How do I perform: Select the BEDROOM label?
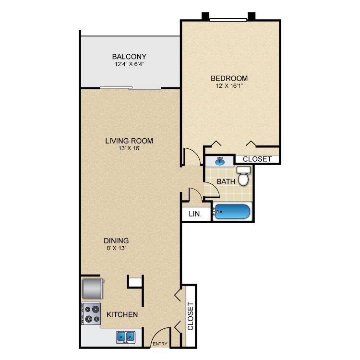click(x=229, y=78)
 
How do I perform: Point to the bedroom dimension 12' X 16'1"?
click(x=229, y=86)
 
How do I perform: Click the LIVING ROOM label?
click(x=129, y=141)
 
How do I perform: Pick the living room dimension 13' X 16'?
click(x=129, y=148)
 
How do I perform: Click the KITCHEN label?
click(x=122, y=315)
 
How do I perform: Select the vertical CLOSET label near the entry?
click(x=190, y=316)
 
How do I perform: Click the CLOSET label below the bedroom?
click(x=257, y=159)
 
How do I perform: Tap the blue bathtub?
click(x=232, y=212)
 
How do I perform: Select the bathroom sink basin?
click(x=220, y=161)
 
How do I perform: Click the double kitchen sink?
click(x=126, y=337)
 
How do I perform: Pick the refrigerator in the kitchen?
click(x=92, y=288)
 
